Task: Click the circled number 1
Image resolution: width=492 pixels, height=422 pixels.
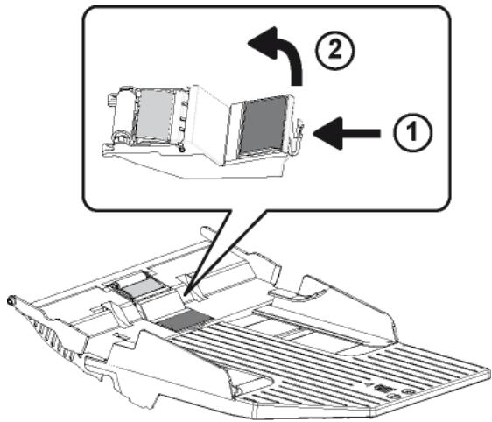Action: tap(412, 132)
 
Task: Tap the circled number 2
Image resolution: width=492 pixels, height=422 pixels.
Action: tap(335, 50)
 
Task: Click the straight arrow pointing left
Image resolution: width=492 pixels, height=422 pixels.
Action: tap(347, 133)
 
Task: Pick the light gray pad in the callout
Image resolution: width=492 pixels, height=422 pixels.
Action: tap(154, 114)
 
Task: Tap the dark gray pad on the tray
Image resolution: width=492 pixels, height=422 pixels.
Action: tap(185, 320)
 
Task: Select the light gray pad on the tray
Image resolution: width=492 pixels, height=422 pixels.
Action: tap(141, 287)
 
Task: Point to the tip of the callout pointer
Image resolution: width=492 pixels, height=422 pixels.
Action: tap(184, 296)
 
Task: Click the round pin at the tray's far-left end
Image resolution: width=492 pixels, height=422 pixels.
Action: tap(11, 301)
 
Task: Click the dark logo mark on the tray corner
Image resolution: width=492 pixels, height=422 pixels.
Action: tap(383, 388)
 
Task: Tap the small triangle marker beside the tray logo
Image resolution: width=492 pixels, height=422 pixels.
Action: tap(369, 383)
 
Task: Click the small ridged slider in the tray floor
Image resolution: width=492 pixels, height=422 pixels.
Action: tap(287, 334)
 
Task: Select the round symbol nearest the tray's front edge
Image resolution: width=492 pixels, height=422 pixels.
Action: tap(393, 396)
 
